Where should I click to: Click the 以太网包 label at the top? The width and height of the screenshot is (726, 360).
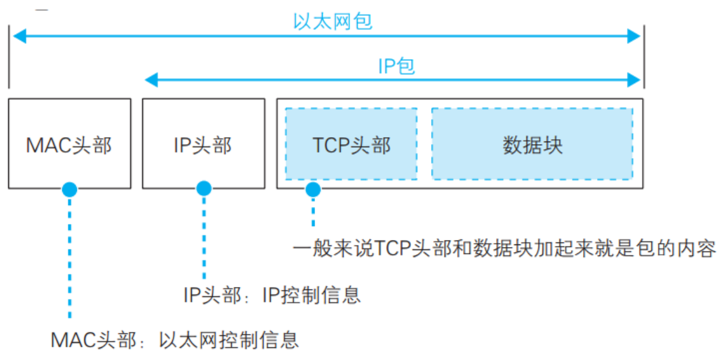tap(332, 22)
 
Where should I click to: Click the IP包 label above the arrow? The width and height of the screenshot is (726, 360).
tap(396, 65)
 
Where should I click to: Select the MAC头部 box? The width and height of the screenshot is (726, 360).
tap(69, 144)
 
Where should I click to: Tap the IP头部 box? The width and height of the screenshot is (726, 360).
tap(203, 144)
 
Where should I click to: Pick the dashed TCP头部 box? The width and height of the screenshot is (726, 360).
tap(351, 144)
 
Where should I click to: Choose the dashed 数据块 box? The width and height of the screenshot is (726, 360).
tap(532, 144)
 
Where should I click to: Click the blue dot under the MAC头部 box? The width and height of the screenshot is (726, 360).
tap(69, 189)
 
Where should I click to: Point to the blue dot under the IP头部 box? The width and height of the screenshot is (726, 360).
tap(203, 189)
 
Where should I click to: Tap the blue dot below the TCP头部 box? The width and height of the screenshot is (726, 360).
tap(313, 189)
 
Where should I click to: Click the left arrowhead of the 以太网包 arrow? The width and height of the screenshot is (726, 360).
tap(19, 36)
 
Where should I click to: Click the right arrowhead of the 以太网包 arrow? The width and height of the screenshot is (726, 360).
tap(634, 36)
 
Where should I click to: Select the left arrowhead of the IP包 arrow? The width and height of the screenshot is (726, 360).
tap(151, 79)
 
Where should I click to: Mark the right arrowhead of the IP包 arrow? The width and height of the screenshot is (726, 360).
tap(634, 79)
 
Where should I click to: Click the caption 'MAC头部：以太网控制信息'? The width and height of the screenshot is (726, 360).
tap(175, 340)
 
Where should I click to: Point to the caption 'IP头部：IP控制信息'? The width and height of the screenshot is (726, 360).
tap(272, 295)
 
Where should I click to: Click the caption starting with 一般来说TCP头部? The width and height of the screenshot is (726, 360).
tap(504, 248)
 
